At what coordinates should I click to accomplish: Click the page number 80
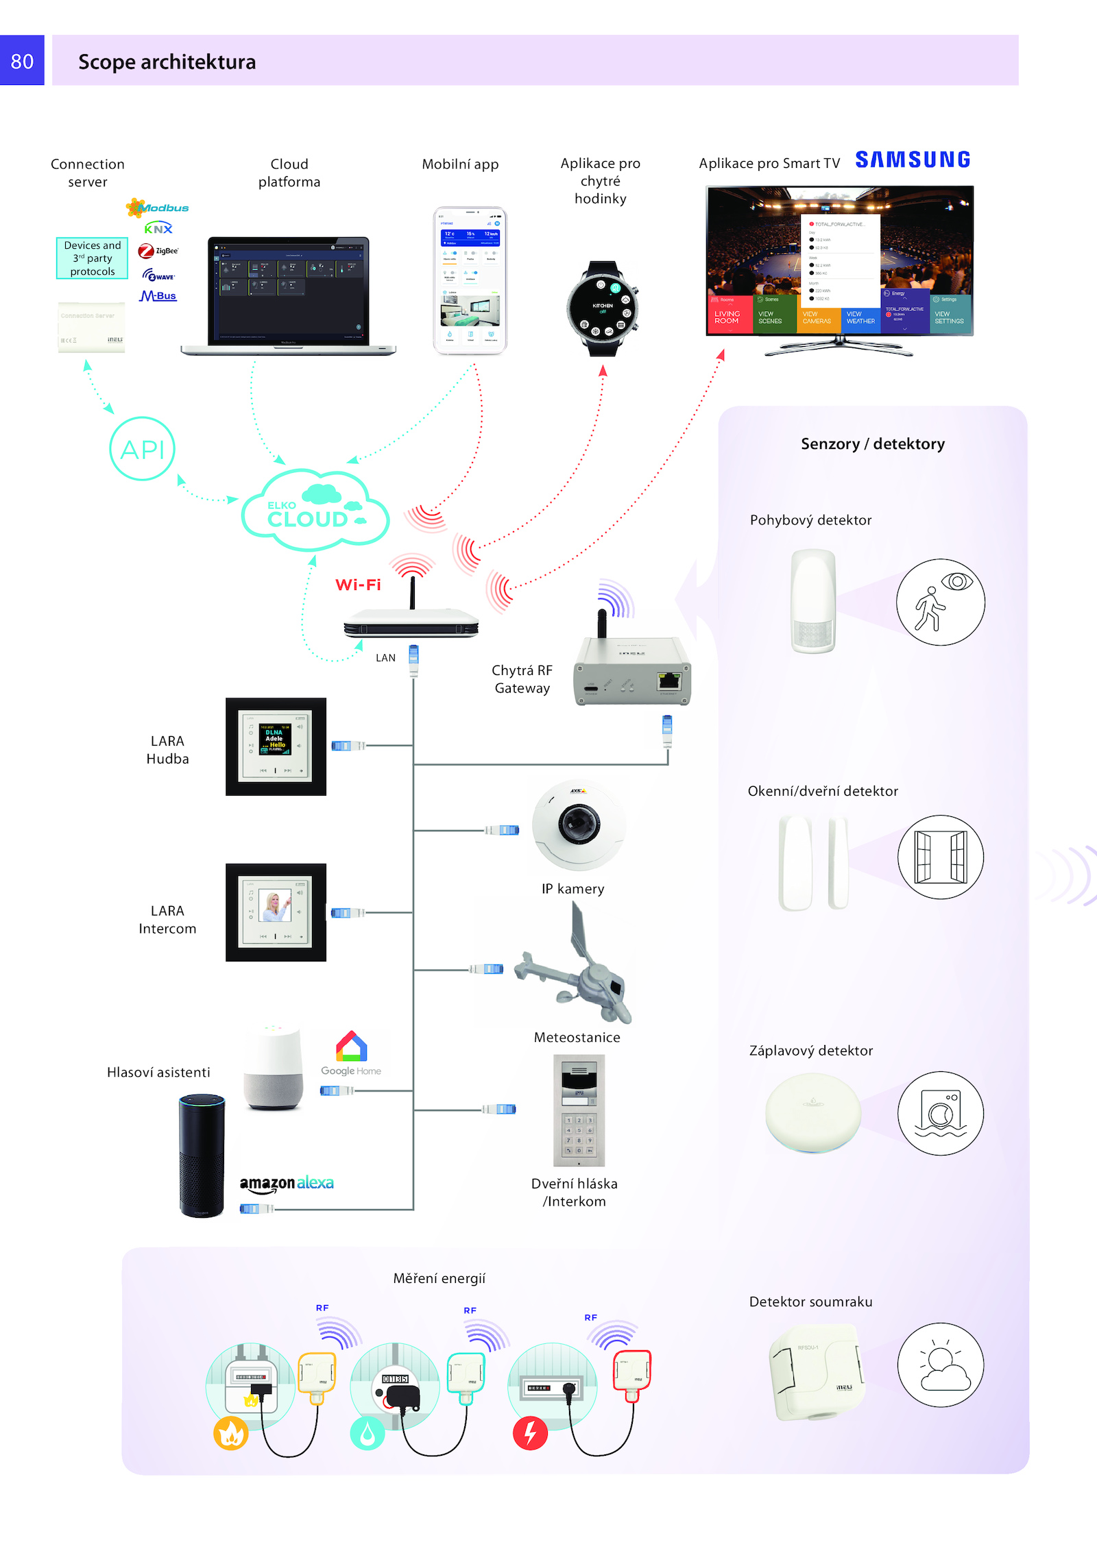click(22, 61)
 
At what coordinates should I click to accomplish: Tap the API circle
click(143, 449)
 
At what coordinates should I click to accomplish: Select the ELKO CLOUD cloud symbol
click(315, 511)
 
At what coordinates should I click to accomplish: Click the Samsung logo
click(913, 160)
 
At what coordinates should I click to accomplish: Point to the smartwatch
click(603, 308)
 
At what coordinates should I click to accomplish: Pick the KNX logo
click(158, 229)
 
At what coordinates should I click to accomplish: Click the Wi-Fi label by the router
click(358, 585)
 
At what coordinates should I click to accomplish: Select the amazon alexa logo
click(287, 1183)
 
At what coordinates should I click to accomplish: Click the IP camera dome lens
click(579, 822)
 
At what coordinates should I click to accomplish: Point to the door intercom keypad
click(579, 1134)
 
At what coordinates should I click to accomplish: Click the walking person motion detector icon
click(940, 602)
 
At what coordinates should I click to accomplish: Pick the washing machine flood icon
click(941, 1113)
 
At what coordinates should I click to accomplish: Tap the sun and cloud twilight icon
click(941, 1365)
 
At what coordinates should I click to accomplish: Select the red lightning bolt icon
click(530, 1432)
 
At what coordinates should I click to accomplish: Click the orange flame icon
click(231, 1432)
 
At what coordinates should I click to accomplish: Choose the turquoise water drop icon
click(367, 1433)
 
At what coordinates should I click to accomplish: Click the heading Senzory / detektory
click(872, 444)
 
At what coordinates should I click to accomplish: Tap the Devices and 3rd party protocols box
click(93, 258)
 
